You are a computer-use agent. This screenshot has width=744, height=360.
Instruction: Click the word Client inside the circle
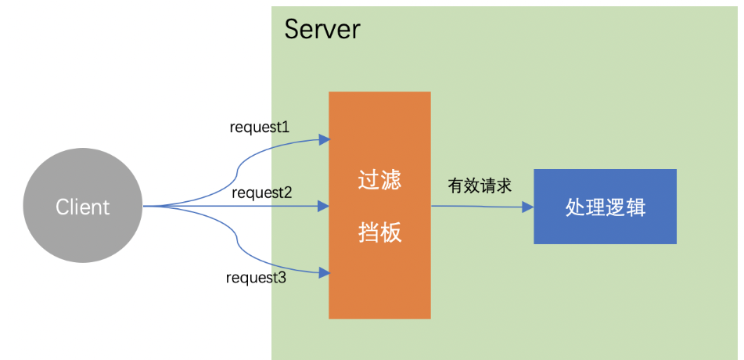coord(82,207)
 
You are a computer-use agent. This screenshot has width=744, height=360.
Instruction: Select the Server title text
coord(322,30)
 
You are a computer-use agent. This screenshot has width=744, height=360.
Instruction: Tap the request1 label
coord(260,127)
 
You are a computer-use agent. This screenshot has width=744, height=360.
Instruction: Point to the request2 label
coord(262,192)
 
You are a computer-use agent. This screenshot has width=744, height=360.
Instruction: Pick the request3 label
coord(256,277)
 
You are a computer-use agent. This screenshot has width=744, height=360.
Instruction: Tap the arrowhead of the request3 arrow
coord(324,273)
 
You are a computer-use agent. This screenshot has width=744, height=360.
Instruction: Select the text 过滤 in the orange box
coord(379,181)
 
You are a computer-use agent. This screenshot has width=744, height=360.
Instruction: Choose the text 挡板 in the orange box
coord(379,232)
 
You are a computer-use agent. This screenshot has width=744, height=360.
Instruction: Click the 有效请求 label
coord(480,185)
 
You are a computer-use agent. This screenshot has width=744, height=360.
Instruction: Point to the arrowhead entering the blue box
coord(528,207)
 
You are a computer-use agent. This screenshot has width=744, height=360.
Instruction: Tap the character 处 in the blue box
coord(574,207)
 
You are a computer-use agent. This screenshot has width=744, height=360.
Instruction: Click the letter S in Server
coord(292,30)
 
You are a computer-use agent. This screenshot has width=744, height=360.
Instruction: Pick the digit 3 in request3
coord(282,277)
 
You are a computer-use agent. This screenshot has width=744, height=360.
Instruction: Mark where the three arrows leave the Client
coord(145,207)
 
